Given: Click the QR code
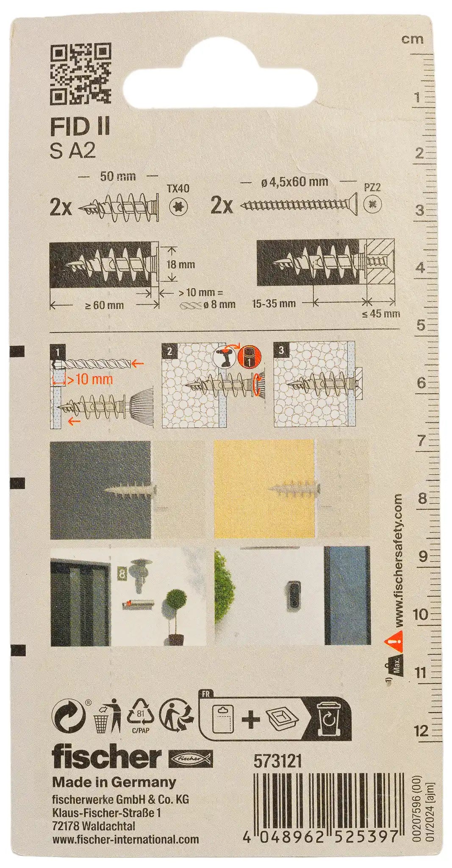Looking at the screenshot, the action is point(81,75).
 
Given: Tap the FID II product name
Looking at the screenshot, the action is point(80,127).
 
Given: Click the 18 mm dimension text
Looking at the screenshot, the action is point(181,264).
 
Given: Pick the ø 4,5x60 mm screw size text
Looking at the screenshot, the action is point(295,182).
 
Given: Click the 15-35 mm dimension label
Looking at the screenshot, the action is point(273,303).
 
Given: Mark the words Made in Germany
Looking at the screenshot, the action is point(114,782).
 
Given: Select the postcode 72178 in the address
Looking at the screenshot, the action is point(67,826).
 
